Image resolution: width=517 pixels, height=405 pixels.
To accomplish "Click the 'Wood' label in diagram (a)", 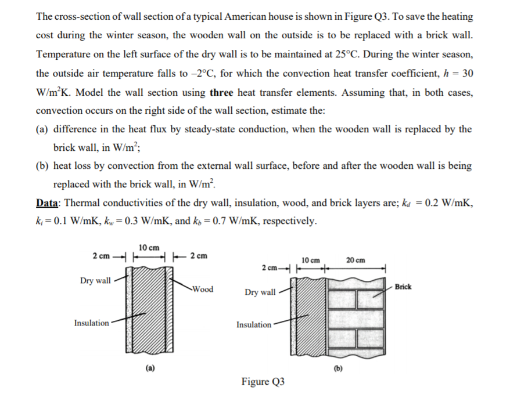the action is (202, 289).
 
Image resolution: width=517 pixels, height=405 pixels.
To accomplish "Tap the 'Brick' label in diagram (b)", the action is (403, 287).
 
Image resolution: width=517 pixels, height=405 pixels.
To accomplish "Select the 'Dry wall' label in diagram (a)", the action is (95, 281).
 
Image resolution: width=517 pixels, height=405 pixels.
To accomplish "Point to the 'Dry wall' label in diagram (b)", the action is (260, 292).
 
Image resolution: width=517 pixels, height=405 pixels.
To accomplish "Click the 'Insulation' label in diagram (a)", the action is (91, 323).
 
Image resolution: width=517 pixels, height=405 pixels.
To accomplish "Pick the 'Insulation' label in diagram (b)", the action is (254, 325).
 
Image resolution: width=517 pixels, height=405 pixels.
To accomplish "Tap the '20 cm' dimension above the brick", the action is (356, 260).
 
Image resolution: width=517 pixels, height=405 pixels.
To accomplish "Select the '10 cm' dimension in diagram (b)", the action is (312, 260).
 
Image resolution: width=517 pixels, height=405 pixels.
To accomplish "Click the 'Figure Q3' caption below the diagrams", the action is (263, 381).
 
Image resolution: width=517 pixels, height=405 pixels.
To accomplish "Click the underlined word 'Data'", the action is (49, 203).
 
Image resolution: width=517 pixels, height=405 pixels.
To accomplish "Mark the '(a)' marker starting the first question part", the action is (42, 129).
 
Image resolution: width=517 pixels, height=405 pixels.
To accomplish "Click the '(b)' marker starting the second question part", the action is (42, 166).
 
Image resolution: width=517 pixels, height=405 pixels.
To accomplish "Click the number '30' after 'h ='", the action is (466, 74).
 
